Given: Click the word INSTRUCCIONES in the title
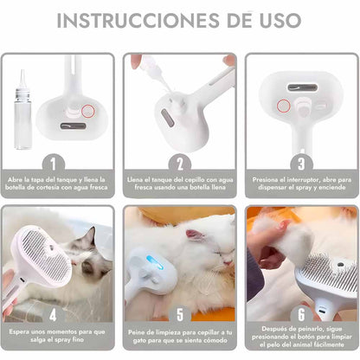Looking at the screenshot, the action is [x=138, y=20].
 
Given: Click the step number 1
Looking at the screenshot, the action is [x=53, y=164].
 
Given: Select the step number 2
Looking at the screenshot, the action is [x=180, y=164].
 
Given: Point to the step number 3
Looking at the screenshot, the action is [x=301, y=164].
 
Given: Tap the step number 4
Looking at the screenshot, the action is [x=53, y=315].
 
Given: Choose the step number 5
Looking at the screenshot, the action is [x=180, y=315].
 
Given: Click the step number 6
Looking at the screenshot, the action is [x=301, y=315].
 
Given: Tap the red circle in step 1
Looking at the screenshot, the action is [x=87, y=111].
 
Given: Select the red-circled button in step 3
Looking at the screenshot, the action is [x=283, y=106].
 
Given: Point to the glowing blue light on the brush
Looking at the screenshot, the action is [x=155, y=262].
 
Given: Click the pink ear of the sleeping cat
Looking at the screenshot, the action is [x=195, y=235].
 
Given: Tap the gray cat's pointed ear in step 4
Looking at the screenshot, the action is [x=91, y=235].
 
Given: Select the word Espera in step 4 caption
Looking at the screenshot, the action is [x=19, y=332].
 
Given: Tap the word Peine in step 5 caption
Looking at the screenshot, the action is [x=137, y=332].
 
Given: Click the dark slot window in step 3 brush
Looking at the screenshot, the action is [x=302, y=87].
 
